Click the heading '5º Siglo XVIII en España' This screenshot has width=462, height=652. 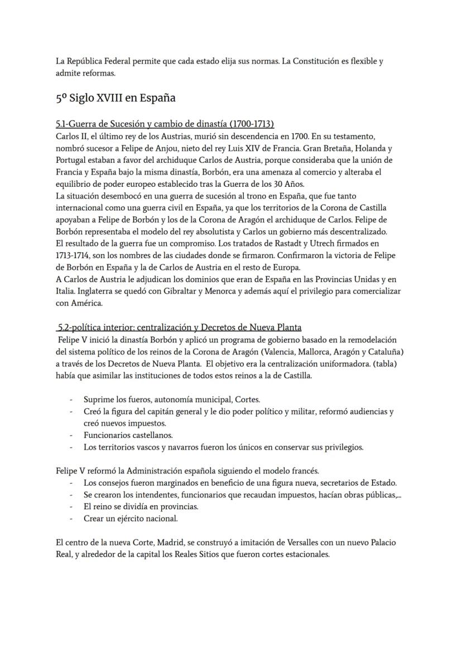(116, 98)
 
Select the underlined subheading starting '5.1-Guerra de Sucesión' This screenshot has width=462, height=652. (165, 124)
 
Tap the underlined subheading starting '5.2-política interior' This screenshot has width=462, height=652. (180, 327)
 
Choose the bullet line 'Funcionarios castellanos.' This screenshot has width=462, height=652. (128, 435)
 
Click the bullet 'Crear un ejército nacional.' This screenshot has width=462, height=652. (131, 519)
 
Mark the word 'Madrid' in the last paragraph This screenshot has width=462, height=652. (172, 543)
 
